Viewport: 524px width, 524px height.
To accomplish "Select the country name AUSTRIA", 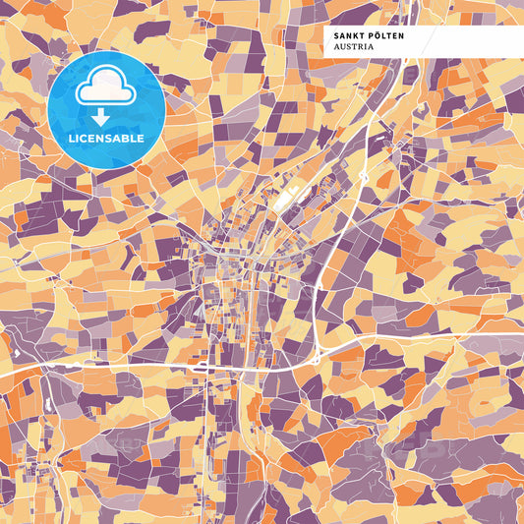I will pyautogui.click(x=354, y=46).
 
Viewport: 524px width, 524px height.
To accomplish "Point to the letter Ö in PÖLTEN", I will pyautogui.click(x=376, y=35).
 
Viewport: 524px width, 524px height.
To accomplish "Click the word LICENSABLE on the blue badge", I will pyautogui.click(x=105, y=139).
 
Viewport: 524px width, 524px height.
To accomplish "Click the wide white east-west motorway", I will pyautogui.click(x=147, y=366).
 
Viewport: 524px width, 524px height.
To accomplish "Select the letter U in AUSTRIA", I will pyautogui.click(x=343, y=46).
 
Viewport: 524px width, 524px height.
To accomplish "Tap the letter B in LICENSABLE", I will pyautogui.click(x=127, y=139).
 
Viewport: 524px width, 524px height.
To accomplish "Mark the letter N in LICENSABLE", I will pyautogui.click(x=100, y=139).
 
